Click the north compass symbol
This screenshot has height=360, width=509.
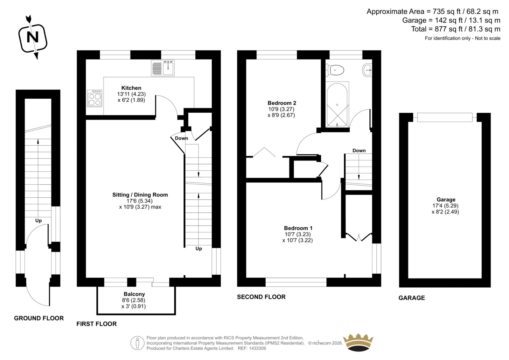33,38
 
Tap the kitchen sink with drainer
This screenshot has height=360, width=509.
163,68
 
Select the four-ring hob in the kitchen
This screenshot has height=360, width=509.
94,98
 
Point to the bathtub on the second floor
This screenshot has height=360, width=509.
337,104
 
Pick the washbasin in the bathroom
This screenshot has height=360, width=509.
367,70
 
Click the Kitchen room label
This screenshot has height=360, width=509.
131,88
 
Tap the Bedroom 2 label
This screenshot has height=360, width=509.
282,103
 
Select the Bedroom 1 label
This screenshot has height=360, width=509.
298,228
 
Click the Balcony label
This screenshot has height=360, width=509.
134,294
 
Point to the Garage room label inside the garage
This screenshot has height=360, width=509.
446,200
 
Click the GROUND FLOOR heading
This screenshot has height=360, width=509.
39,318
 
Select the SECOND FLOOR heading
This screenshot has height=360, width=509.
261,297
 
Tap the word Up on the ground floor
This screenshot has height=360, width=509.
38,221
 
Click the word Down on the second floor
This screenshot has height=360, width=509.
359,151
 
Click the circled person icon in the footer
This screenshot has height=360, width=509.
137,343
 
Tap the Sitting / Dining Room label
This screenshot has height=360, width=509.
140,195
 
